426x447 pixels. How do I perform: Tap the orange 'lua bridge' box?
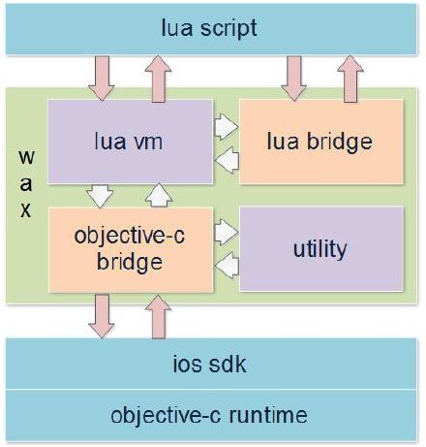pyautogui.click(x=319, y=142)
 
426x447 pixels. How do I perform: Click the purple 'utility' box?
pyautogui.click(x=319, y=249)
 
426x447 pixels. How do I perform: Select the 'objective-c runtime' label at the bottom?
pyautogui.click(x=209, y=416)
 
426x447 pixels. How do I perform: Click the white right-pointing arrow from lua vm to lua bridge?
pyautogui.click(x=225, y=125)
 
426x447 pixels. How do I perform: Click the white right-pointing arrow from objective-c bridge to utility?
pyautogui.click(x=225, y=233)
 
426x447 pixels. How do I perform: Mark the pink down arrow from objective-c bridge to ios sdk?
pyautogui.click(x=101, y=315)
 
